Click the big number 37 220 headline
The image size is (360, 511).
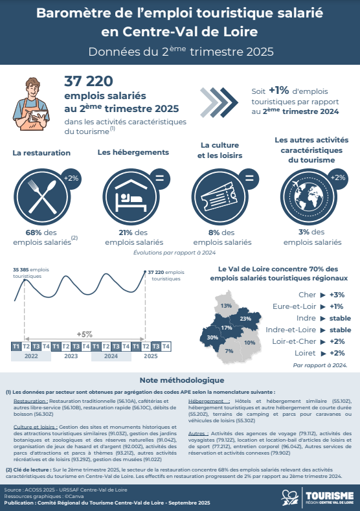click(89, 81)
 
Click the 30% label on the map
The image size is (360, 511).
click(212, 337)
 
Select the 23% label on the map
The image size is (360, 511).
click(245, 319)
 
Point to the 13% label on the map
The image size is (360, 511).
click(226, 305)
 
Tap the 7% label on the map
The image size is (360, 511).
click(229, 350)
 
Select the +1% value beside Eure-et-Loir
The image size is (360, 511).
click(336, 306)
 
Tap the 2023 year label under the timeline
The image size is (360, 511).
click(71, 356)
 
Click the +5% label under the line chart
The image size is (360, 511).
click(84, 334)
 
